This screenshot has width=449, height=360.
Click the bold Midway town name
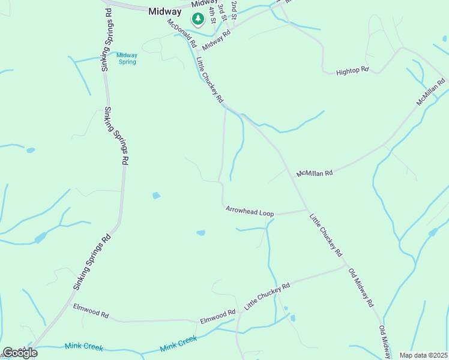[x=165, y=11]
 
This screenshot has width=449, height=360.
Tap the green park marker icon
[x=197, y=19]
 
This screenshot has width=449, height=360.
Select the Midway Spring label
[x=127, y=58]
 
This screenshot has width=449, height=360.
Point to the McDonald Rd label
[x=182, y=33]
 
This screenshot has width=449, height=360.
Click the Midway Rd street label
[x=217, y=41]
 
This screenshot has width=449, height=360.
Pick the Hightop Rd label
[x=352, y=70]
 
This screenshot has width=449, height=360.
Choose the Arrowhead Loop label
[x=250, y=212]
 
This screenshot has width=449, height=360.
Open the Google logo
[x=20, y=353]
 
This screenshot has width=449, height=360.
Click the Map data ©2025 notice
[x=423, y=355]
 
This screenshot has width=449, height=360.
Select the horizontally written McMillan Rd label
[x=314, y=173]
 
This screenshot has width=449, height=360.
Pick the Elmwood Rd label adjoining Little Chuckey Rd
[x=218, y=314]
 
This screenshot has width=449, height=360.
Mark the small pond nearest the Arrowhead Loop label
[x=200, y=233]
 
